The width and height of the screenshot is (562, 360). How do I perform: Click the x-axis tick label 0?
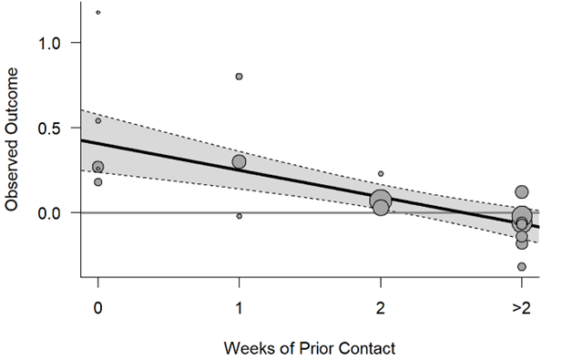97,308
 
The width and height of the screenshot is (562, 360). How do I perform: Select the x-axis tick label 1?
239,308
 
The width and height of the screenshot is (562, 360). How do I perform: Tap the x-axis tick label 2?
380,308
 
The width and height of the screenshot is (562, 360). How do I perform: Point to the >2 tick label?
520,308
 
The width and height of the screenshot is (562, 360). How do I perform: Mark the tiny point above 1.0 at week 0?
97,13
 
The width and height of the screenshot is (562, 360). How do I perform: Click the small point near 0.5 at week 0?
98,120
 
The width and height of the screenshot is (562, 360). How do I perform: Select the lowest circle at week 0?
98,182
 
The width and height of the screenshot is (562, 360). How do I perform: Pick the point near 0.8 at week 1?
239,77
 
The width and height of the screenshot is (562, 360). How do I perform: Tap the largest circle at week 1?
239,162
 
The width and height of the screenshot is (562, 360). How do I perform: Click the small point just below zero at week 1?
239,216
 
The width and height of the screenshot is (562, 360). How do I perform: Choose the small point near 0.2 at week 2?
381,173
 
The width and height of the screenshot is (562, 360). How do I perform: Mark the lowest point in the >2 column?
522,267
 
